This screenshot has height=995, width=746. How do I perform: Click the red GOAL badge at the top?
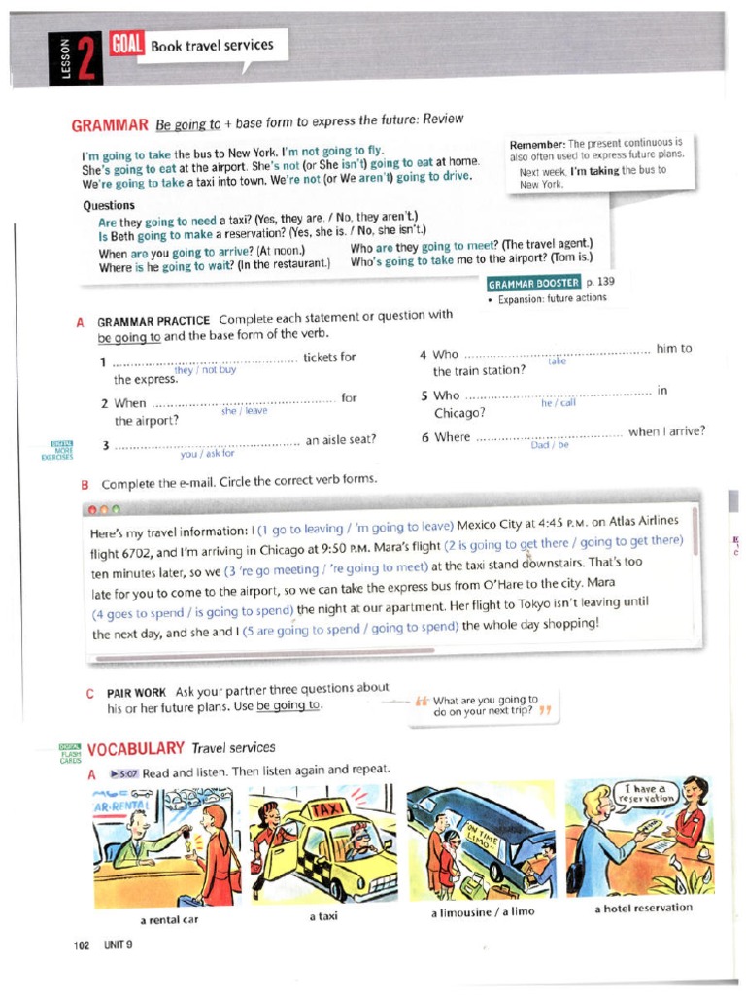(x=124, y=44)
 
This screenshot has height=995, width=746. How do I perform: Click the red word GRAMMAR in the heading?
(x=109, y=125)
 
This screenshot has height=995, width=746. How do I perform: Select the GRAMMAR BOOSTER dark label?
(x=534, y=283)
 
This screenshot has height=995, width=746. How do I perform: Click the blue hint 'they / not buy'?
(x=205, y=370)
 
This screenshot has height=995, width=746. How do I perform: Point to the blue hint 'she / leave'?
(x=244, y=411)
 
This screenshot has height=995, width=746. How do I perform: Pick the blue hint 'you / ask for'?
(x=207, y=453)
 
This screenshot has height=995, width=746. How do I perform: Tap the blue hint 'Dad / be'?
(x=550, y=445)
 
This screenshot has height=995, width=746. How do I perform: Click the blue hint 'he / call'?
(x=559, y=403)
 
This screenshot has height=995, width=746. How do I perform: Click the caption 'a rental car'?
(x=169, y=920)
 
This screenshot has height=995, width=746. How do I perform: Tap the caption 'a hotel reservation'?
(x=643, y=908)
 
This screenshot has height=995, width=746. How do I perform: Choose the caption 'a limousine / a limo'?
(x=482, y=912)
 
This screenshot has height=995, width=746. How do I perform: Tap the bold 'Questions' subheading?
(x=109, y=206)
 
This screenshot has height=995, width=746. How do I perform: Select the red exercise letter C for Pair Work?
(x=90, y=693)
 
